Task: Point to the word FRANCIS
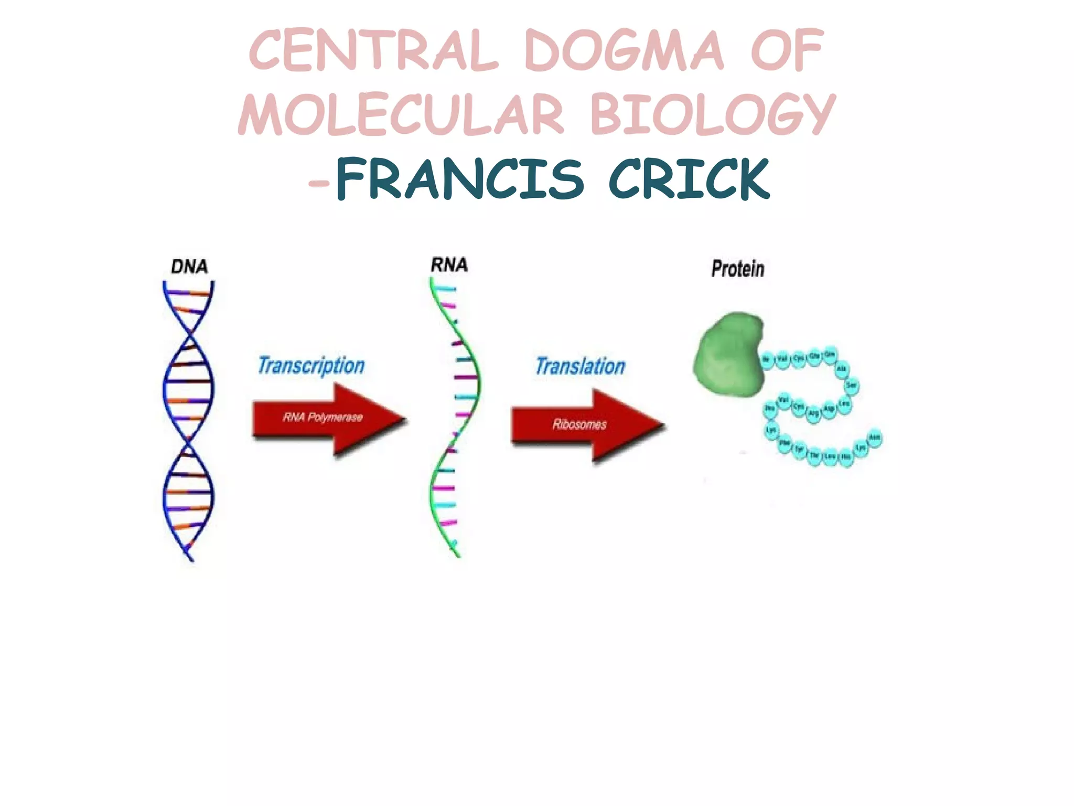(x=459, y=179)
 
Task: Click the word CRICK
(x=689, y=179)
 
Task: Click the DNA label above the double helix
(x=189, y=267)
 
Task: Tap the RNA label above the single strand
(x=449, y=265)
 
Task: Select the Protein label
(x=737, y=269)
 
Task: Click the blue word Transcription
(x=311, y=365)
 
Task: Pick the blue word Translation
(x=580, y=366)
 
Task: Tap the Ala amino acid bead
(x=841, y=369)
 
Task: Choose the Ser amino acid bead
(x=851, y=386)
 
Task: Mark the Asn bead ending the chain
(x=874, y=438)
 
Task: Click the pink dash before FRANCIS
(x=319, y=183)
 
